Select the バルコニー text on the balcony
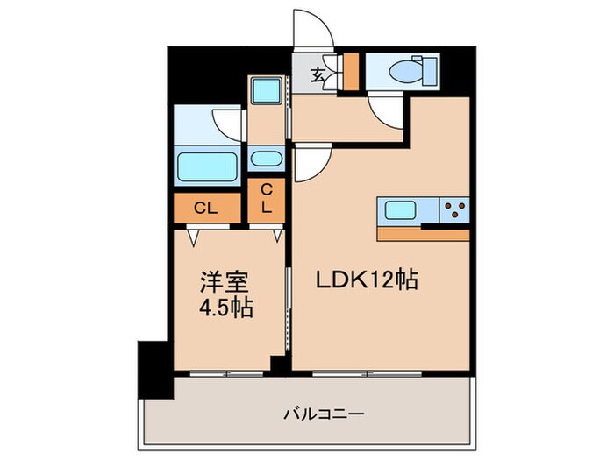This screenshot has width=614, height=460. pyautogui.click(x=325, y=412)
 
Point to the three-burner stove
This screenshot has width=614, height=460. pyautogui.click(x=453, y=210)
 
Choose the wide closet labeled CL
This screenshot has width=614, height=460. pyautogui.click(x=206, y=208)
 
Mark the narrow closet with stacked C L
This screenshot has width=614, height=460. pyautogui.click(x=267, y=202)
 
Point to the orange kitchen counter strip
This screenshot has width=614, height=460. pyautogui.click(x=423, y=234)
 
